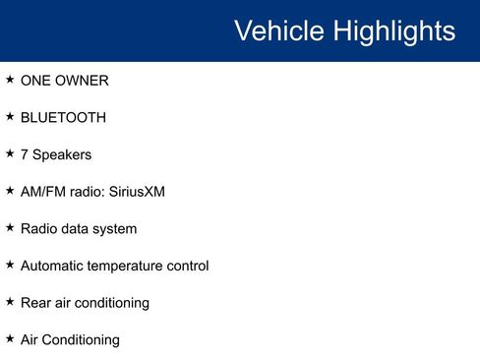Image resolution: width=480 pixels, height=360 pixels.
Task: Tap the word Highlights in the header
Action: tap(395, 30)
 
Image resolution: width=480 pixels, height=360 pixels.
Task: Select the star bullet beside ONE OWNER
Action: tap(10, 79)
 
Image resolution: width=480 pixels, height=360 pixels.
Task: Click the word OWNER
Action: tap(82, 80)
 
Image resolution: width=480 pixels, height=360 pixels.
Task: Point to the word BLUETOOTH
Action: tap(63, 117)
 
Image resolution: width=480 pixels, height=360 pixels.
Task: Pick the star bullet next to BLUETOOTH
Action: tap(10, 116)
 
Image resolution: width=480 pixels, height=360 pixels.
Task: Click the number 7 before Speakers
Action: tap(25, 154)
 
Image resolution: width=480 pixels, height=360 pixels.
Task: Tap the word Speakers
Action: tap(62, 154)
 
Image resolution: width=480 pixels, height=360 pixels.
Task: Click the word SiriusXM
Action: tap(136, 191)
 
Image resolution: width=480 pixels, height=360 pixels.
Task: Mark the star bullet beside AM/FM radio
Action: tap(10, 190)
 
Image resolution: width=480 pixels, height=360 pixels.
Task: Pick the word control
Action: tap(187, 266)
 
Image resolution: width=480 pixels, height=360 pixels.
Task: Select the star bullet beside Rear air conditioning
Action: tap(10, 301)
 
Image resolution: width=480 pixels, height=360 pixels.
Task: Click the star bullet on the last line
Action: tap(10, 338)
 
